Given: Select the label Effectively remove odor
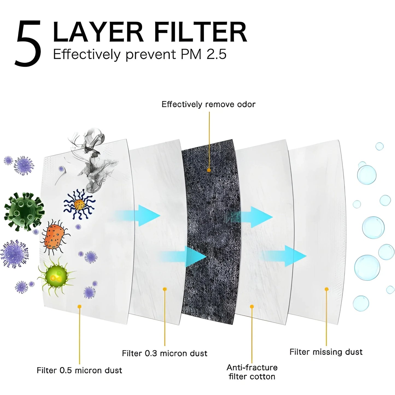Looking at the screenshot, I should [x=208, y=104].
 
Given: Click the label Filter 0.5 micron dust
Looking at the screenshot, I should [x=79, y=370].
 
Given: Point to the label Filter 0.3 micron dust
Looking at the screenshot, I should [x=165, y=353].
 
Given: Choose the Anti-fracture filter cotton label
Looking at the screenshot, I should [x=252, y=372].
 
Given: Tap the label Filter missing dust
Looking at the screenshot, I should [x=326, y=352].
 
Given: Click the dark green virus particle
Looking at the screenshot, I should [x=24, y=211].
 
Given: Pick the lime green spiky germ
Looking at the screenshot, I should [x=56, y=276].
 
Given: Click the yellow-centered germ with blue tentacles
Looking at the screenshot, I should [x=79, y=204].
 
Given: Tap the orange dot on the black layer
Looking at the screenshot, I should [x=209, y=170].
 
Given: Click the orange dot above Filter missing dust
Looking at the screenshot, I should [x=326, y=289].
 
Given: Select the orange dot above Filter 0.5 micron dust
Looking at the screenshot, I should [x=79, y=306].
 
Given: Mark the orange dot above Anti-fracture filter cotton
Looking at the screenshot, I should [x=252, y=307].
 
